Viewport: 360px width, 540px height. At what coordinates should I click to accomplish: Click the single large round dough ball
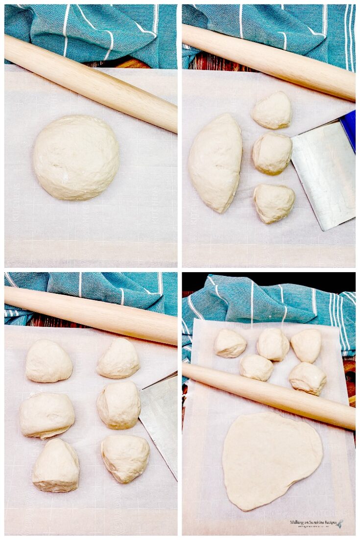pyautogui.click(x=76, y=157)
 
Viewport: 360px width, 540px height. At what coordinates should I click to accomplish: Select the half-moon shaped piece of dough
pyautogui.click(x=215, y=163)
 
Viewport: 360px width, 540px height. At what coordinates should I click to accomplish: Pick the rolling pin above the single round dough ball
pyautogui.click(x=91, y=83)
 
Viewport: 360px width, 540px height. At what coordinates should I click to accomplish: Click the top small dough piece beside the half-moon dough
pyautogui.click(x=272, y=110)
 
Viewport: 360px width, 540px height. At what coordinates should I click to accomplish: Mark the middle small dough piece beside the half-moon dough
pyautogui.click(x=272, y=153)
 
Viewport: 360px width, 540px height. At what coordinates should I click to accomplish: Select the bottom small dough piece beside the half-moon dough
pyautogui.click(x=274, y=203)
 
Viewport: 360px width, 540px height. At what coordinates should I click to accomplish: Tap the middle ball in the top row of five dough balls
pyautogui.click(x=273, y=344)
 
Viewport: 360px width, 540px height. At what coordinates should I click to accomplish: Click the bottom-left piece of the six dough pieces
pyautogui.click(x=56, y=465)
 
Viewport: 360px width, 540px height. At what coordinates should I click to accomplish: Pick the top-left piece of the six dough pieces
pyautogui.click(x=48, y=361)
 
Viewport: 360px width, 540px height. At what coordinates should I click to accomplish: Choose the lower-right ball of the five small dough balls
pyautogui.click(x=307, y=378)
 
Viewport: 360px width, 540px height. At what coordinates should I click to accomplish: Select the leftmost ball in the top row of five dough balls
pyautogui.click(x=230, y=343)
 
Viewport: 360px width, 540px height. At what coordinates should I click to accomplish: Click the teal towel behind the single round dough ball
pyautogui.click(x=88, y=29)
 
